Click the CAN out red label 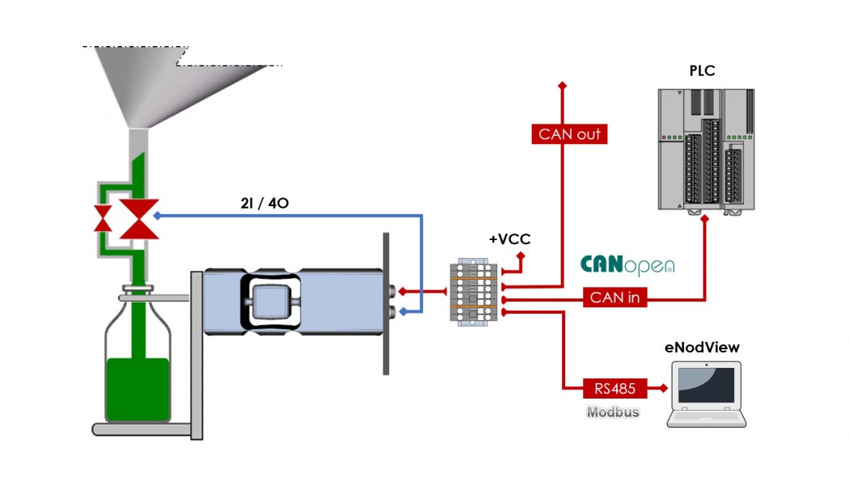point(569,134)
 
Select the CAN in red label point(614,298)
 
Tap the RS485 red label point(614,389)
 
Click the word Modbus point(612,412)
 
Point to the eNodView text point(702,348)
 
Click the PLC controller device point(705,150)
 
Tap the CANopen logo point(627,265)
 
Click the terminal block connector point(474,291)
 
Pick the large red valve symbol point(139,218)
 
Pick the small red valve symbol point(103,218)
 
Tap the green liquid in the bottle point(137,388)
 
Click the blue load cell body point(291,301)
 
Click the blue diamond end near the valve point(157,216)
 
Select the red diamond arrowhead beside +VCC point(521,257)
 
